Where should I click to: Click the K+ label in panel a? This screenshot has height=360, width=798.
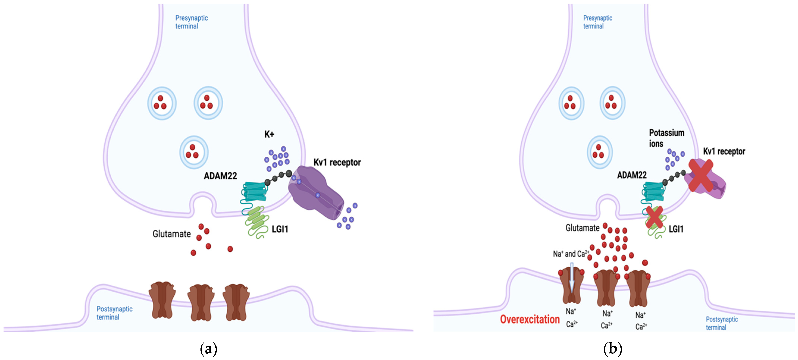point(269,134)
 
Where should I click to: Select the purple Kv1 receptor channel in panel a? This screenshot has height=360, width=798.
point(314,192)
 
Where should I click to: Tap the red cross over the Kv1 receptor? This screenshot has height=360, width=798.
point(701,175)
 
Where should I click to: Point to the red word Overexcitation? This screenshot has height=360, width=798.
point(529,319)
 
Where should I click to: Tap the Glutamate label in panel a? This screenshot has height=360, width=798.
point(171,234)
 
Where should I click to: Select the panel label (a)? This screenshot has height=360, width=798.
point(208,349)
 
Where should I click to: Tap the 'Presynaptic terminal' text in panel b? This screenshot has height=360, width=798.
point(597,22)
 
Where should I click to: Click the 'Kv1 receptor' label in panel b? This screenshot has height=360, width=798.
point(724,152)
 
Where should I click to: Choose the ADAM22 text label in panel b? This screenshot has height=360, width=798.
point(632,175)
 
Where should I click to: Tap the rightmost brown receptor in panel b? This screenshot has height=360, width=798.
point(638,288)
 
